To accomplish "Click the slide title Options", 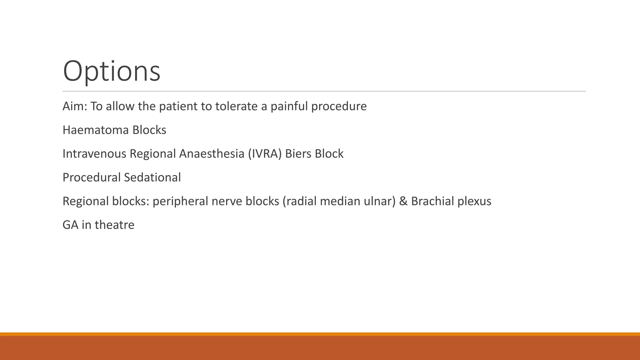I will (112, 71).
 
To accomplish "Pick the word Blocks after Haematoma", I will (149, 130).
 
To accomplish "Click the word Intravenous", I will (94, 154).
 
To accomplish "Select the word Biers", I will (298, 154).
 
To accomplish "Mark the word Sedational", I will (152, 177).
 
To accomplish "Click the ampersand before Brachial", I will (403, 201).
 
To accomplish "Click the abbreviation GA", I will (70, 225).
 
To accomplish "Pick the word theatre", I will (114, 225).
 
